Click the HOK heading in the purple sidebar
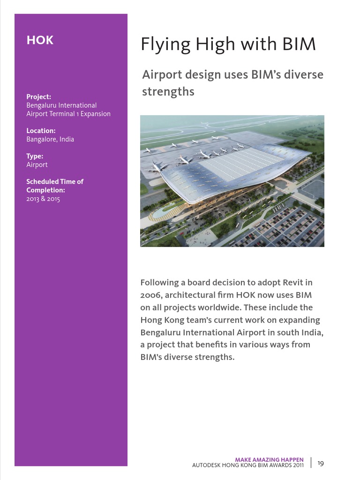point(40,40)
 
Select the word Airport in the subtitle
point(162,75)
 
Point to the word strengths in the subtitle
point(168,91)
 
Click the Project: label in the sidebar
point(38,97)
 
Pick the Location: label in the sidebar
point(41,131)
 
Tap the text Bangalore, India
point(50,139)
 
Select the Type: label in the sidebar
point(35,156)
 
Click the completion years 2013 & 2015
point(43,199)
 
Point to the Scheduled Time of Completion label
point(54,186)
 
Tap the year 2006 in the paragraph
point(150,295)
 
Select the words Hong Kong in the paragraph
point(159,320)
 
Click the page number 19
point(321,464)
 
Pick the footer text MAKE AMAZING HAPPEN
point(269,460)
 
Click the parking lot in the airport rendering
point(286,227)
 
